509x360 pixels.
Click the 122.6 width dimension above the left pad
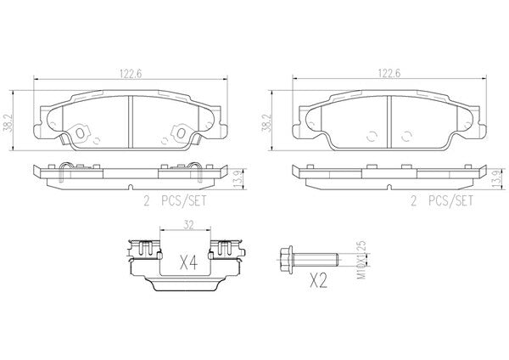pyautogui.click(x=131, y=74)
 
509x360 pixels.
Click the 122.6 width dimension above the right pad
pyautogui.click(x=389, y=73)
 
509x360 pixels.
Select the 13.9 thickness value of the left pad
pyautogui.click(x=238, y=179)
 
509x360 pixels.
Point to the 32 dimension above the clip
pyautogui.click(x=188, y=226)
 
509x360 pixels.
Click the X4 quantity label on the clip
pyautogui.click(x=188, y=262)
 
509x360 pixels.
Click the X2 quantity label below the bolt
pyautogui.click(x=318, y=280)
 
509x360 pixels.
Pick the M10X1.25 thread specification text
pyautogui.click(x=361, y=260)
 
